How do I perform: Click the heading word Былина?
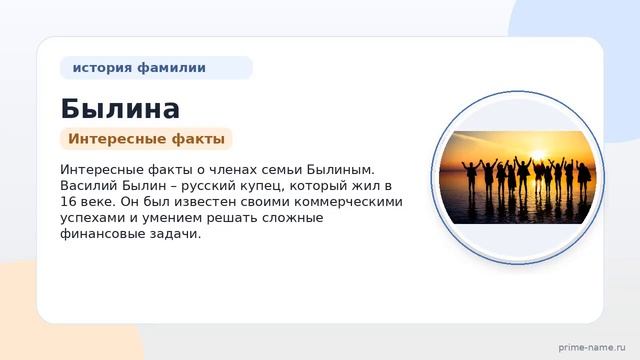[x=120, y=109]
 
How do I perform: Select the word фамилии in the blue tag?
[x=171, y=67]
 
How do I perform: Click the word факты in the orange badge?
[x=198, y=139]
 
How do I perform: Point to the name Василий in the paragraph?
[x=89, y=186]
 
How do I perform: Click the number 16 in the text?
[x=67, y=202]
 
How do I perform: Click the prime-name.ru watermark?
[x=592, y=347]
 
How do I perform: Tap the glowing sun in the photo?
[x=538, y=155]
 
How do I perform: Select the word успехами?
[x=93, y=218]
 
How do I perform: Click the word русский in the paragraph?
[x=204, y=187]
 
